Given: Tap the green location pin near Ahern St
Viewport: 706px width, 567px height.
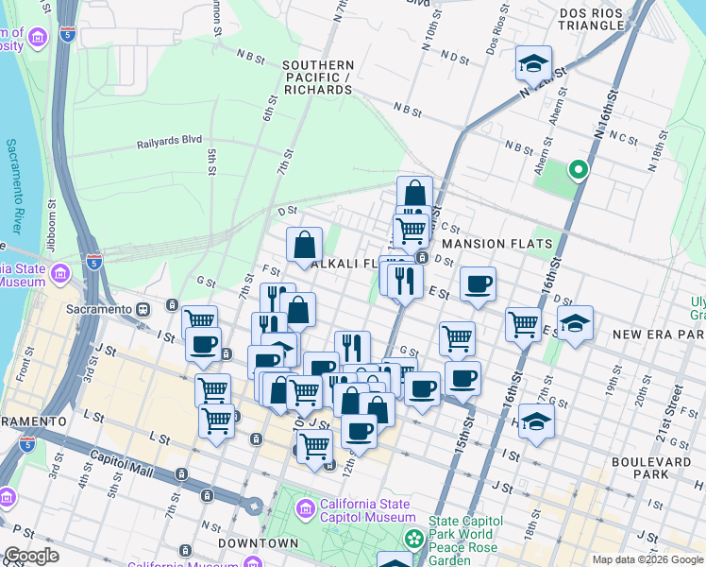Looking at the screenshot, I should pyautogui.click(x=578, y=170).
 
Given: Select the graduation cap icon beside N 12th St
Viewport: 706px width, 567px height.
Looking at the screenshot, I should pyautogui.click(x=533, y=63).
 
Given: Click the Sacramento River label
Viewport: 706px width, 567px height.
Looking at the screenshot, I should pyautogui.click(x=14, y=187).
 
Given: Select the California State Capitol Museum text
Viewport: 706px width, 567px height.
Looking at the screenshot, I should pyautogui.click(x=368, y=509).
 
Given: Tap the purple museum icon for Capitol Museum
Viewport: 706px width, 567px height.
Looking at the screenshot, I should pyautogui.click(x=305, y=510).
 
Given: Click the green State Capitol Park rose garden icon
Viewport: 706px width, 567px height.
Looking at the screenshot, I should pyautogui.click(x=413, y=539).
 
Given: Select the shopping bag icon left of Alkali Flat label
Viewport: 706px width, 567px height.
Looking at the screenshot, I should pyautogui.click(x=305, y=245).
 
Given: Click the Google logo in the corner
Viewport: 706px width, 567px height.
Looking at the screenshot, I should pyautogui.click(x=31, y=557).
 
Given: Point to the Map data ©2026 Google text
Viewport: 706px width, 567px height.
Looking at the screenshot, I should pyautogui.click(x=647, y=559).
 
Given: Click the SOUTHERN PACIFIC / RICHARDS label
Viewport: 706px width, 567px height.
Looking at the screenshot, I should pyautogui.click(x=317, y=77).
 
